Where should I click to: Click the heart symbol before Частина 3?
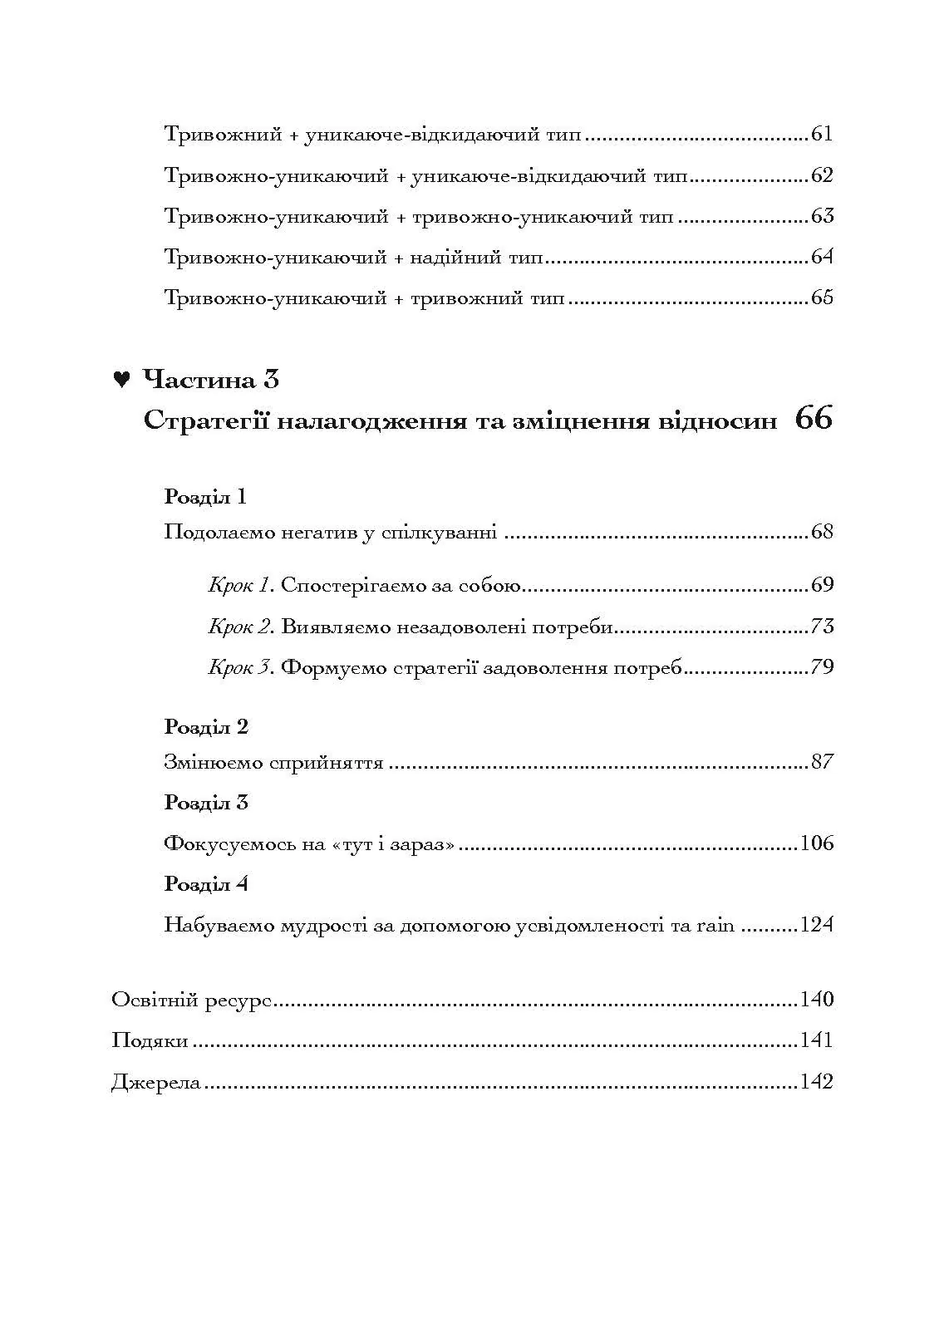pos(121,381)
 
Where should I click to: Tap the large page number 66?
pos(813,419)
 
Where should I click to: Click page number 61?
pos(821,135)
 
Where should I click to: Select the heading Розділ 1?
pos(206,497)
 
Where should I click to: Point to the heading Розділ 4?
pos(206,883)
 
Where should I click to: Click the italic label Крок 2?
pos(240,627)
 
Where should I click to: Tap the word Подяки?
pos(150,1040)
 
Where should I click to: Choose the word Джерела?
pos(156,1082)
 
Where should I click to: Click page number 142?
pos(816,1082)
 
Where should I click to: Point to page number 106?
pos(816,843)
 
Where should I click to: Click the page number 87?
pos(821,762)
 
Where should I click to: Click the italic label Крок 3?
pos(240,667)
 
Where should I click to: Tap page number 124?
pos(816,925)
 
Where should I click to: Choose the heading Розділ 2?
pos(206,727)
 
